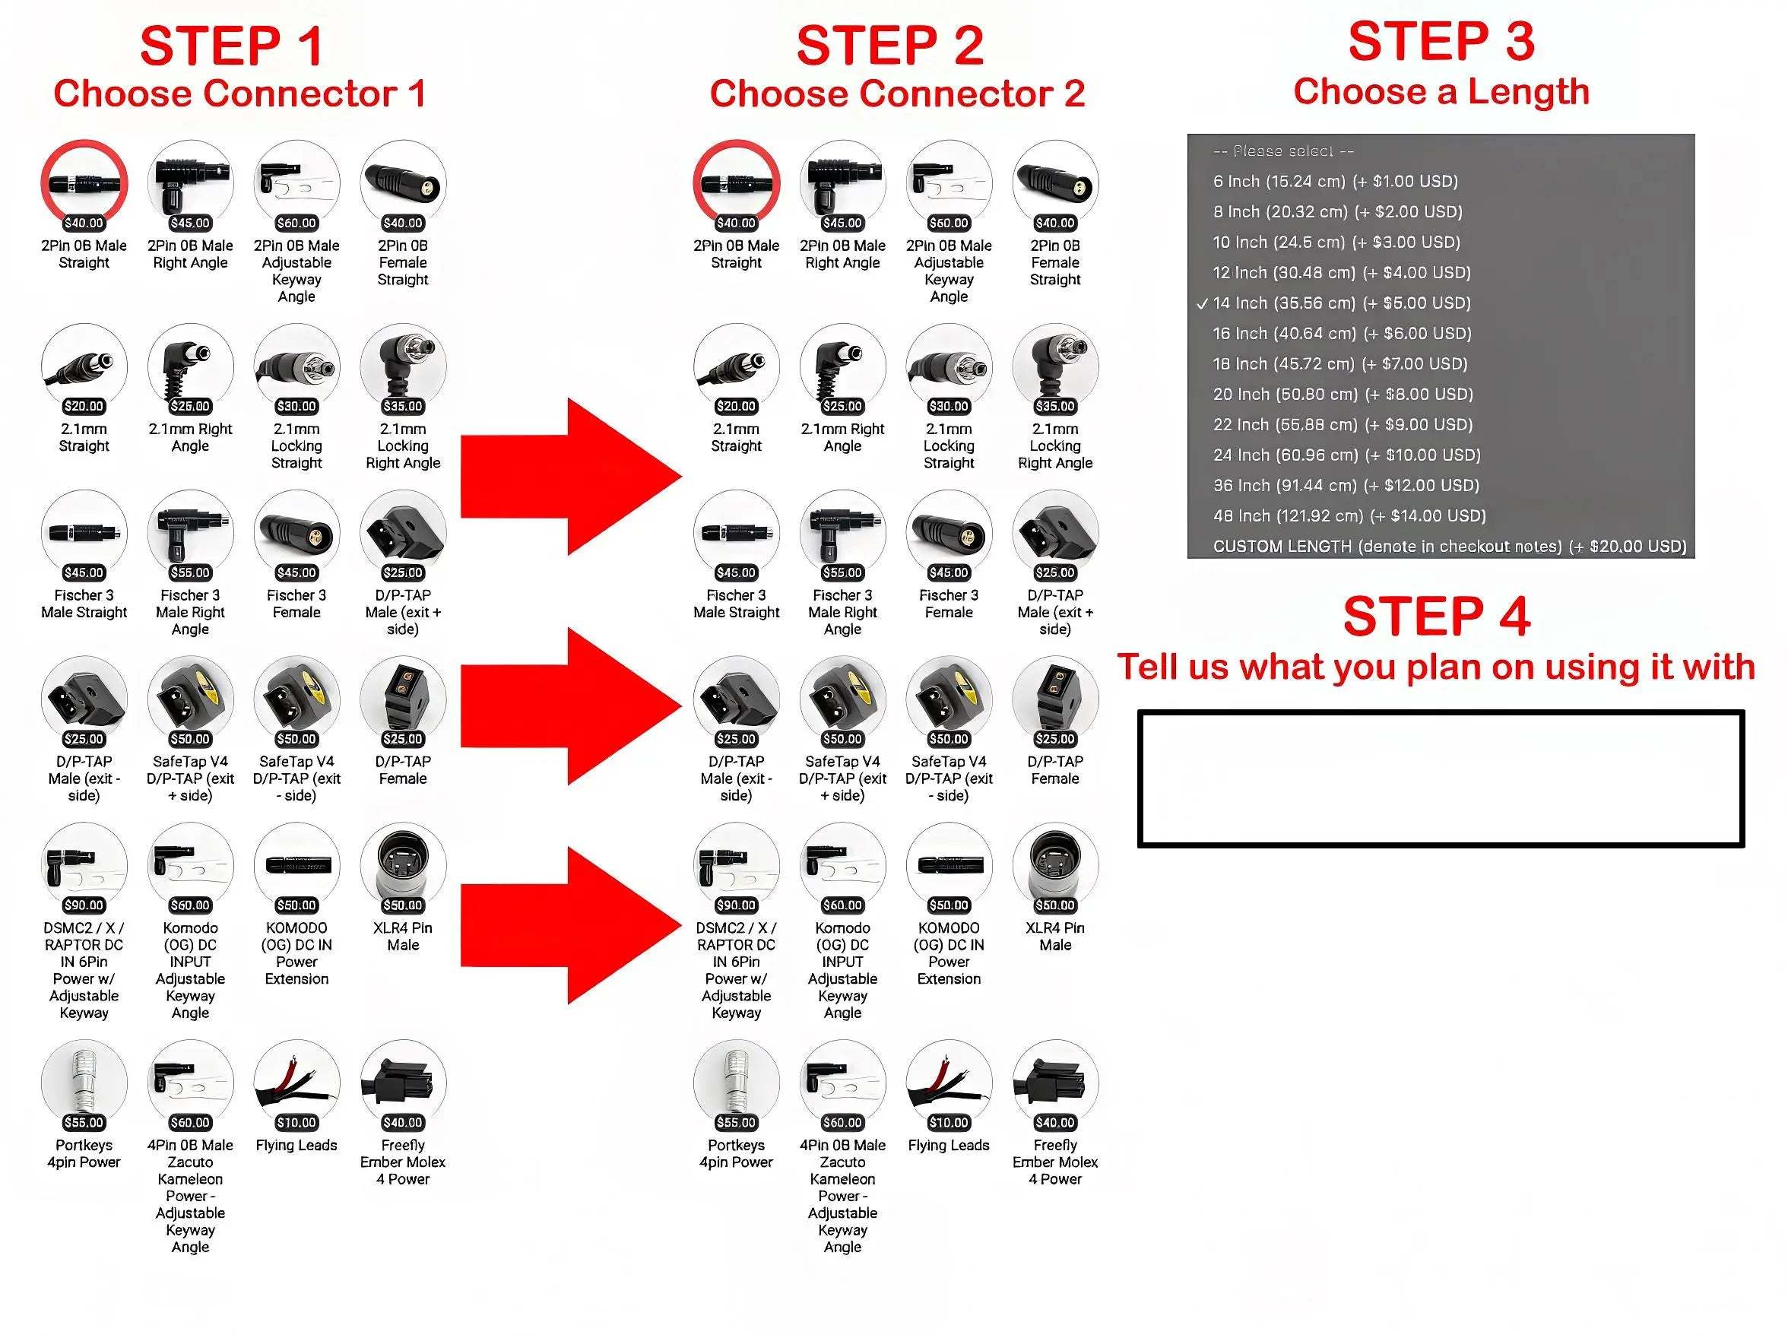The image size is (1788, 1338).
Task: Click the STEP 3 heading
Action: tap(1441, 42)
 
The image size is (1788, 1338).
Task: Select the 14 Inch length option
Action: tap(1341, 303)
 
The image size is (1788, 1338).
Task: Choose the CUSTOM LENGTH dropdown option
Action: tap(1448, 547)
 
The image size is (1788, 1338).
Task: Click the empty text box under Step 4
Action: tap(1441, 778)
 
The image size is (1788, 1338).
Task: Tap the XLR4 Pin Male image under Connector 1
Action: tap(403, 864)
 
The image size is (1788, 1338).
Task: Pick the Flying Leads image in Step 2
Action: tap(948, 1082)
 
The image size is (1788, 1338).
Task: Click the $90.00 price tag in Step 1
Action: tap(84, 905)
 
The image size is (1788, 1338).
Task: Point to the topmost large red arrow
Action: tap(570, 476)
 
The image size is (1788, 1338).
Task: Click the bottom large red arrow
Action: tap(570, 925)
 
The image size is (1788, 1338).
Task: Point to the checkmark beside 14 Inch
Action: tap(1202, 304)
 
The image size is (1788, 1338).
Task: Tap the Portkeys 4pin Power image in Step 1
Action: tap(84, 1082)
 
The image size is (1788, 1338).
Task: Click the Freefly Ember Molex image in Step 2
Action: tap(1055, 1082)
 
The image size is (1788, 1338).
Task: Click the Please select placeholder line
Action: tap(1282, 151)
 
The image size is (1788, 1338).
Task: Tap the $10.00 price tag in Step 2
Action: tap(948, 1122)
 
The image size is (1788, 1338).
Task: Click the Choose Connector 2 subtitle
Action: tap(896, 94)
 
